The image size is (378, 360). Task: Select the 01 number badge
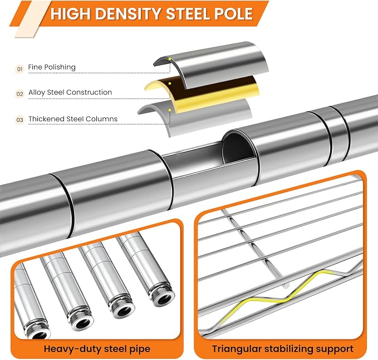20,70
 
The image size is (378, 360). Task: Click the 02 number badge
20,93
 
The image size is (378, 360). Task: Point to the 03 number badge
20,120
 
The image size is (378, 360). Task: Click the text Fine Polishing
52,67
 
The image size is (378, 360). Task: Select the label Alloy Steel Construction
70,92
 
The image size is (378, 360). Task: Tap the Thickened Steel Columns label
73,119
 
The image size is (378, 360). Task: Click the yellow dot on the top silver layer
170,59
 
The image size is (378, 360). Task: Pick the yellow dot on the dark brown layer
170,83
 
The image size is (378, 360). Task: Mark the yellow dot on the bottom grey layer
170,110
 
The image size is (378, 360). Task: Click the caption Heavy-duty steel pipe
97,349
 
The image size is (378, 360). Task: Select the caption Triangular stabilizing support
283,349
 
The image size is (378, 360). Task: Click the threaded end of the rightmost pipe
162,295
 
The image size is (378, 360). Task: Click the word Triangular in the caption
237,349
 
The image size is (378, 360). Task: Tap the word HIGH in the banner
71,13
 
